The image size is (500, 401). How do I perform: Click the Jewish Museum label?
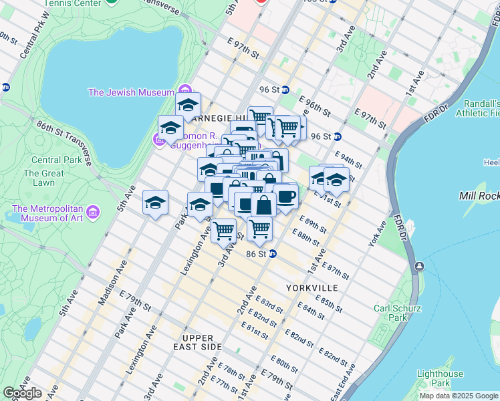click(131, 92)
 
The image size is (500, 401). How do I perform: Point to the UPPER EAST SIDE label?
click(197, 342)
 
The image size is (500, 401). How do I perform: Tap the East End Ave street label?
click(344, 388)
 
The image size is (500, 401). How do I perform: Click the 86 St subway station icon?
click(273, 254)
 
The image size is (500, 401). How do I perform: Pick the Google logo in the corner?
click(21, 393)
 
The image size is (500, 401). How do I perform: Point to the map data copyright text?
click(459, 396)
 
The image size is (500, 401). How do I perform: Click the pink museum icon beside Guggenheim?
click(160, 139)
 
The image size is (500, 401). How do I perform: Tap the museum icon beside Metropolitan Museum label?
click(93, 213)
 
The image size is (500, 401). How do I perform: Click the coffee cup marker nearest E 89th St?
click(285, 196)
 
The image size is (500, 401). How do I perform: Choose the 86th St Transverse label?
click(63, 140)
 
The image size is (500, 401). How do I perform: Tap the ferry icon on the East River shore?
click(419, 266)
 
